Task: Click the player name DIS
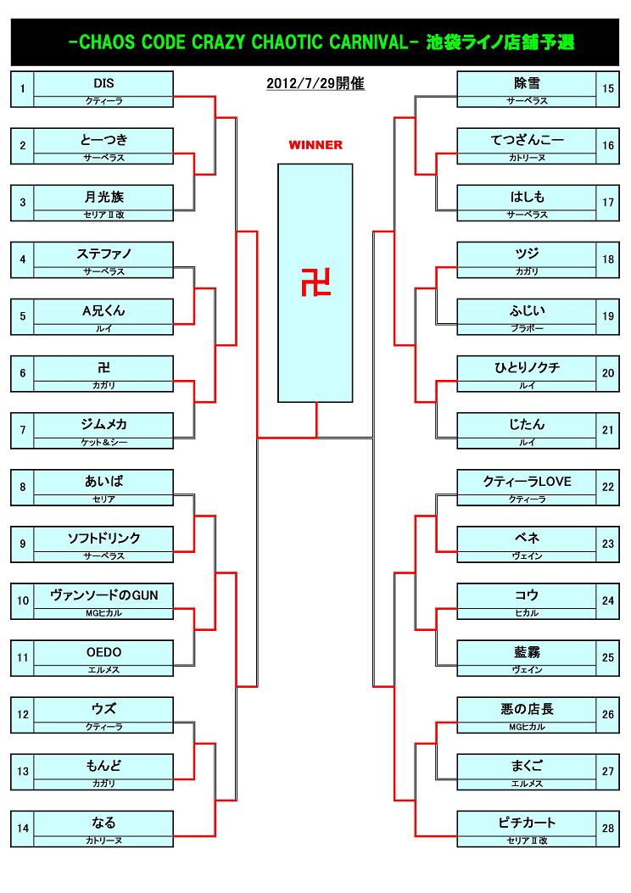103,83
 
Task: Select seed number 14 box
23,829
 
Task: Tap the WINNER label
315,145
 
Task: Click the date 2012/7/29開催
315,84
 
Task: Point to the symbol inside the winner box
315,282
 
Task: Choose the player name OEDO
103,652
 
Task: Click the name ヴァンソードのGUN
103,595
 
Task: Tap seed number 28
607,829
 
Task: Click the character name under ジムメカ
103,443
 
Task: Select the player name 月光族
103,197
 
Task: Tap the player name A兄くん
103,310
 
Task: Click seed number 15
607,88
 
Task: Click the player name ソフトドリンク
103,539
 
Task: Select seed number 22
607,487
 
